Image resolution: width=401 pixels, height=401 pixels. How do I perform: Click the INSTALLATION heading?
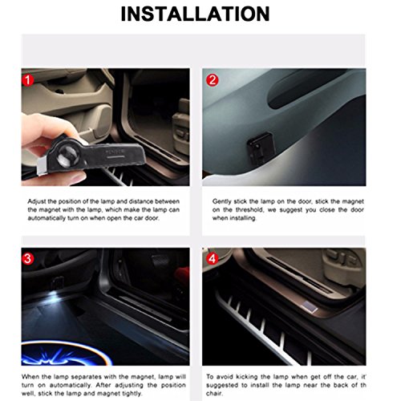[200, 14]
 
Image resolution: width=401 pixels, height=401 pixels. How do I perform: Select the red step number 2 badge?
[212, 79]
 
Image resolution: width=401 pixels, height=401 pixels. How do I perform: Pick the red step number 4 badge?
[212, 260]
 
